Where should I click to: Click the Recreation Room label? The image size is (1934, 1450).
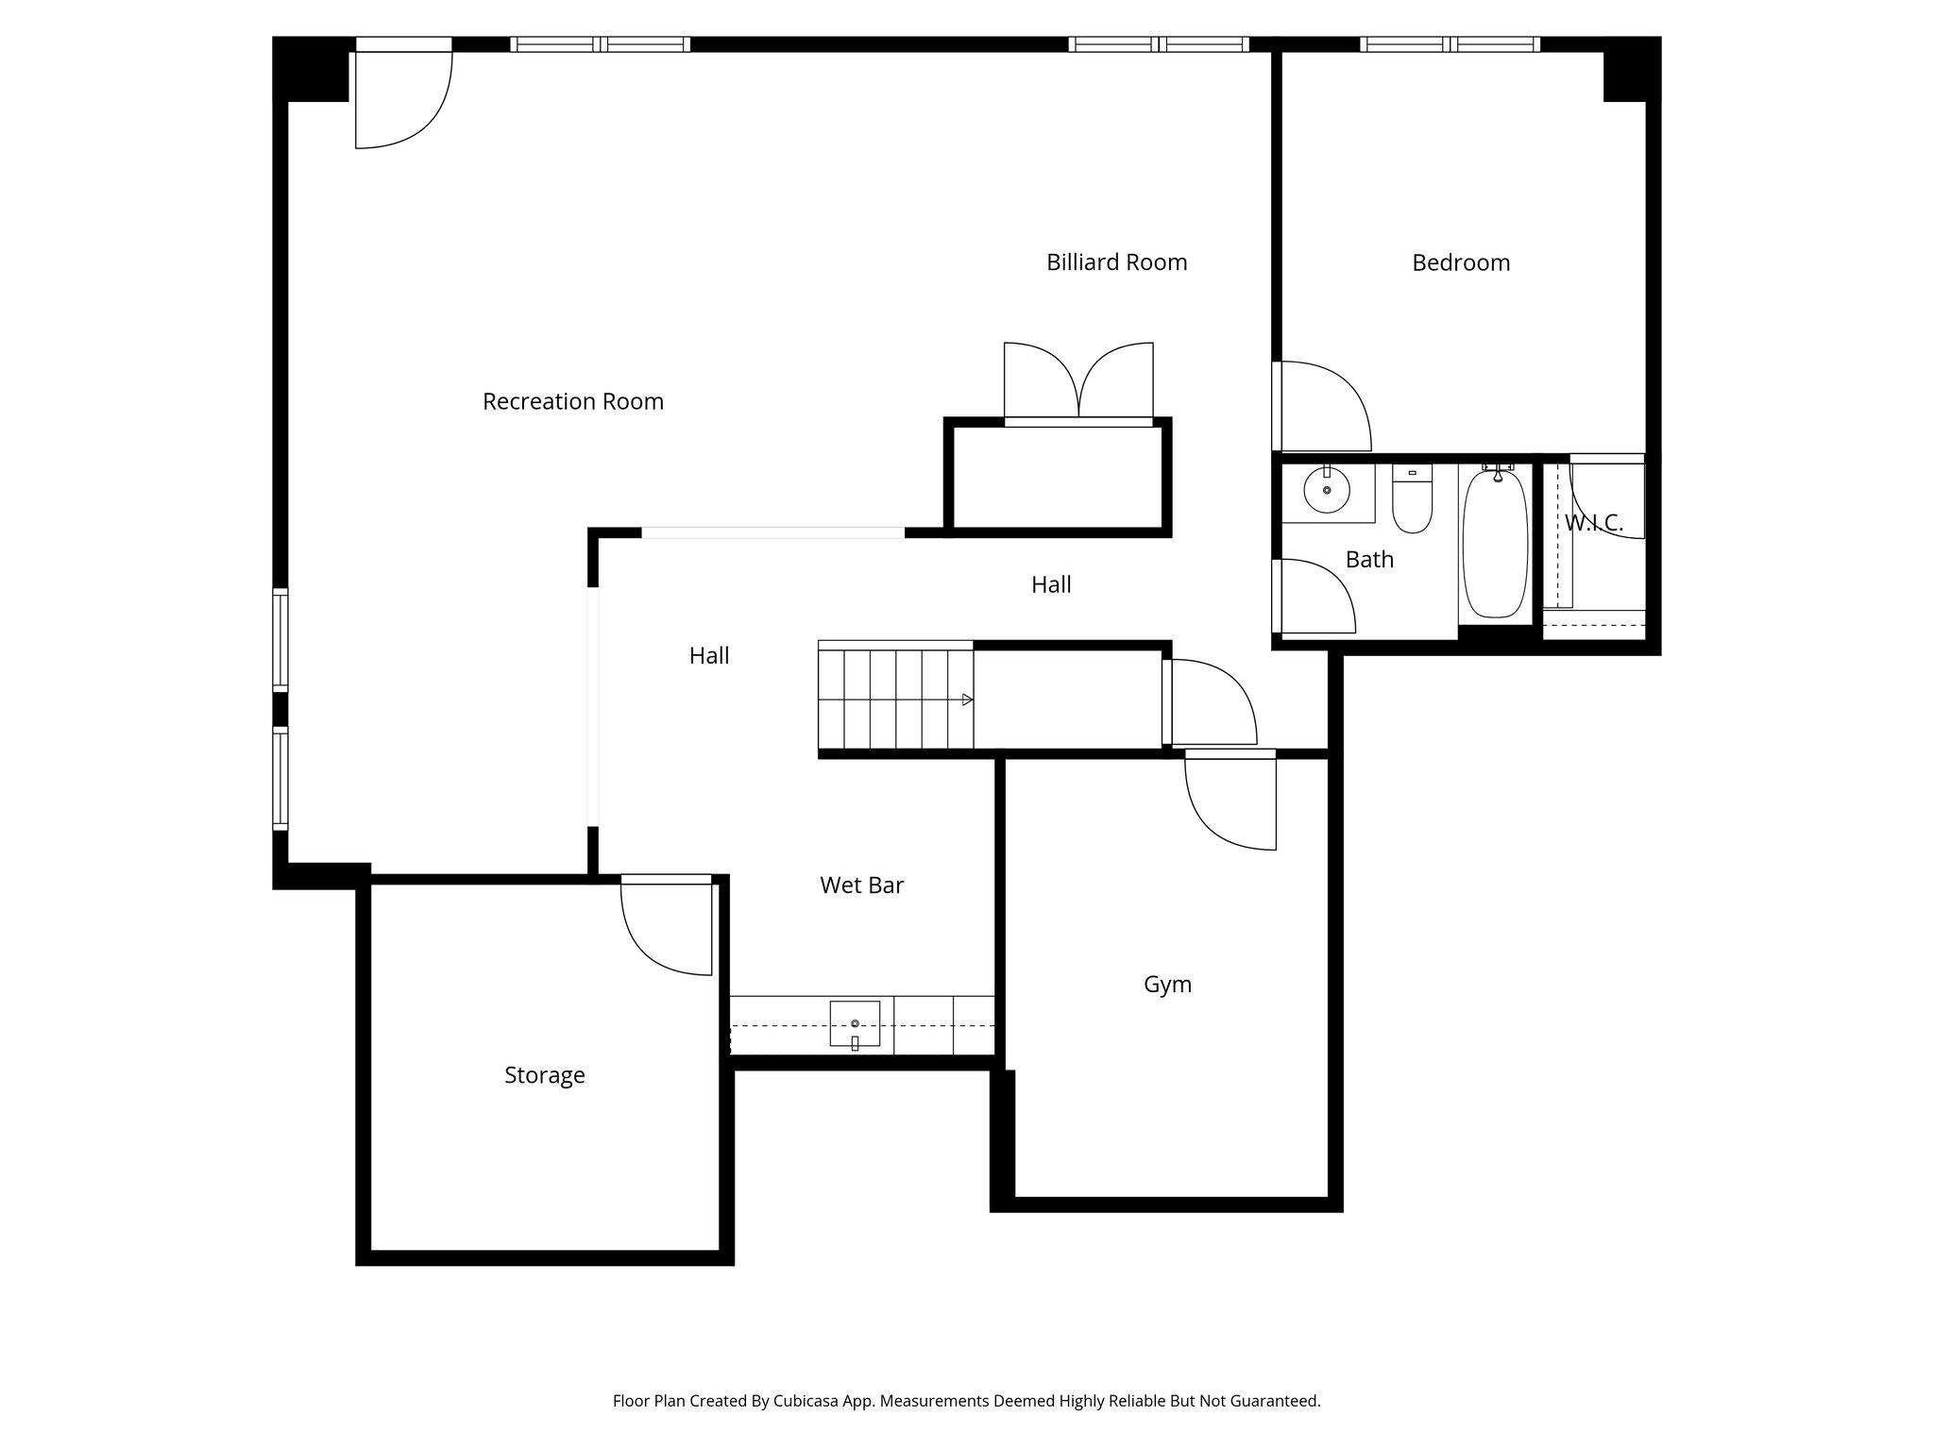pyautogui.click(x=572, y=401)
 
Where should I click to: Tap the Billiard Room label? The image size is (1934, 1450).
pyautogui.click(x=1116, y=262)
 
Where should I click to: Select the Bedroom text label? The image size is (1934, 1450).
pyautogui.click(x=1460, y=262)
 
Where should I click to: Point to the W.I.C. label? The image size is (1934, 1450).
pyautogui.click(x=1594, y=523)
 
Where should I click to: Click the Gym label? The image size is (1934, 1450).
pyautogui.click(x=1167, y=985)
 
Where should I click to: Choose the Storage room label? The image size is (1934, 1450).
pyautogui.click(x=544, y=1075)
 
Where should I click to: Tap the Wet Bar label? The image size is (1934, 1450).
pyautogui.click(x=861, y=885)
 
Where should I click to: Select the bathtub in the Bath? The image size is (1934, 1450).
pyautogui.click(x=1494, y=544)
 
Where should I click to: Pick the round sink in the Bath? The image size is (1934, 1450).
pyautogui.click(x=1326, y=491)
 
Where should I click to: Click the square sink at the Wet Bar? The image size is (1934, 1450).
pyautogui.click(x=855, y=1023)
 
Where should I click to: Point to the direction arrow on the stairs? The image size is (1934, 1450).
pyautogui.click(x=967, y=700)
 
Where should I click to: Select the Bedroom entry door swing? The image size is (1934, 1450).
pyautogui.click(x=1322, y=406)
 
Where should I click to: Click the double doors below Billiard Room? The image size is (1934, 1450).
pyautogui.click(x=1078, y=381)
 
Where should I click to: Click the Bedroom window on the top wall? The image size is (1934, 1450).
pyautogui.click(x=1450, y=44)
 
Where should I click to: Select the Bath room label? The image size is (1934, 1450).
pyautogui.click(x=1369, y=560)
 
